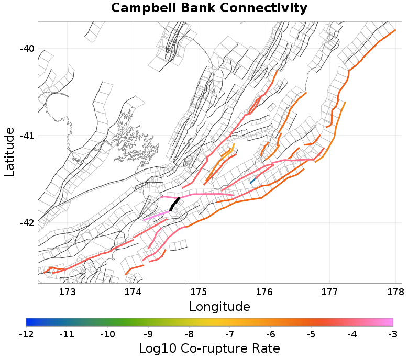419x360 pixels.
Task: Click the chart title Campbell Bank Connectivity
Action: click(x=209, y=8)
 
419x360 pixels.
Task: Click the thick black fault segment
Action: click(x=175, y=204)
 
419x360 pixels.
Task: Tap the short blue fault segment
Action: click(x=253, y=180)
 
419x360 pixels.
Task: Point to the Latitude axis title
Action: click(x=9, y=152)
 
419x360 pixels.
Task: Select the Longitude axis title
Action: click(x=219, y=306)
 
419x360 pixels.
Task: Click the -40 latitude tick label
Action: click(x=27, y=49)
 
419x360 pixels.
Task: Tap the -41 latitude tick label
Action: click(x=27, y=136)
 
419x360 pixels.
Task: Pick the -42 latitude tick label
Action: click(x=27, y=223)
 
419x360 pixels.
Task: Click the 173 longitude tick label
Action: click(x=68, y=291)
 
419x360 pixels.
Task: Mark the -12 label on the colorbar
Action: click(x=26, y=334)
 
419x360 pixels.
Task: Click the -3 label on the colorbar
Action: click(x=393, y=334)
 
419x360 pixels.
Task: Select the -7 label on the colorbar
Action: click(x=230, y=334)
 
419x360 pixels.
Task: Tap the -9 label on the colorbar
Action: click(x=148, y=334)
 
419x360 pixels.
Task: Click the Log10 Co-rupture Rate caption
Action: click(x=210, y=348)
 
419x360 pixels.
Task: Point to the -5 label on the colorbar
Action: click(x=311, y=334)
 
